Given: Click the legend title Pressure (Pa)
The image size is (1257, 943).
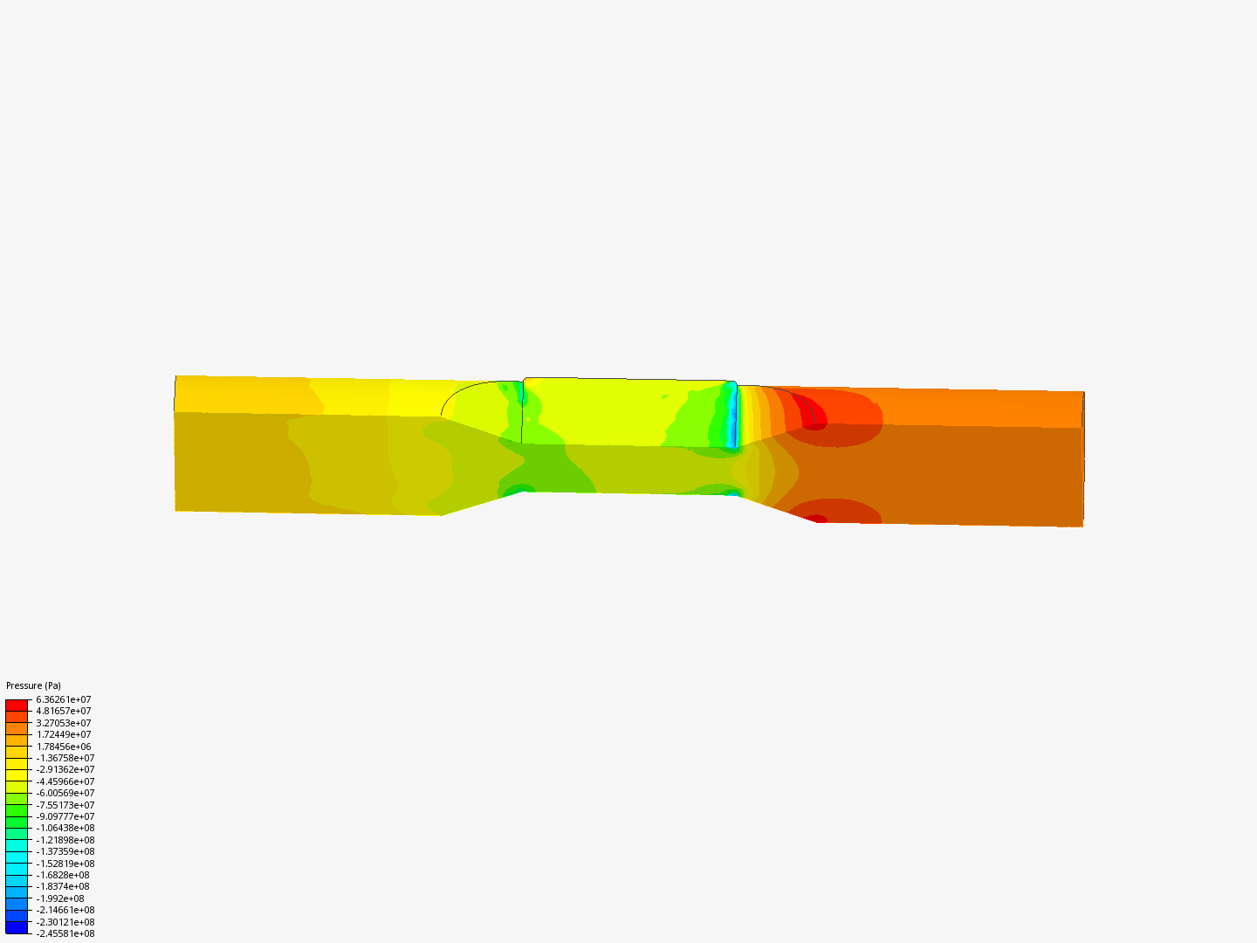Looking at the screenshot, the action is [x=33, y=685].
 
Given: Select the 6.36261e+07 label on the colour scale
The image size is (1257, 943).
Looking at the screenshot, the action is [x=64, y=699].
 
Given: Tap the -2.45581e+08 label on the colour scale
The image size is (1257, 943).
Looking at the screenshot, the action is [x=65, y=934].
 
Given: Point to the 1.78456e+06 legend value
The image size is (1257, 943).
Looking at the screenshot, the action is [x=64, y=747].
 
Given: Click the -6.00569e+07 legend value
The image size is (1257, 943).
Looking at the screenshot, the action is [x=65, y=793].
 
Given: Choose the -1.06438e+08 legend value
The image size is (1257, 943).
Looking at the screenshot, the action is [x=65, y=828].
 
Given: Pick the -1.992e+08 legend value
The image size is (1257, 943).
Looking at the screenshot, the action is [x=60, y=898].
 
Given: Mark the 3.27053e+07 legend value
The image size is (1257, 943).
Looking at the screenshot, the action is [x=64, y=723].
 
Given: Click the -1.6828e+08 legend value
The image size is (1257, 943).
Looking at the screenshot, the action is [x=63, y=875].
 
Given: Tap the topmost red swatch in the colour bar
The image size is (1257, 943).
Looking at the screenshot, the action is [x=17, y=706].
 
